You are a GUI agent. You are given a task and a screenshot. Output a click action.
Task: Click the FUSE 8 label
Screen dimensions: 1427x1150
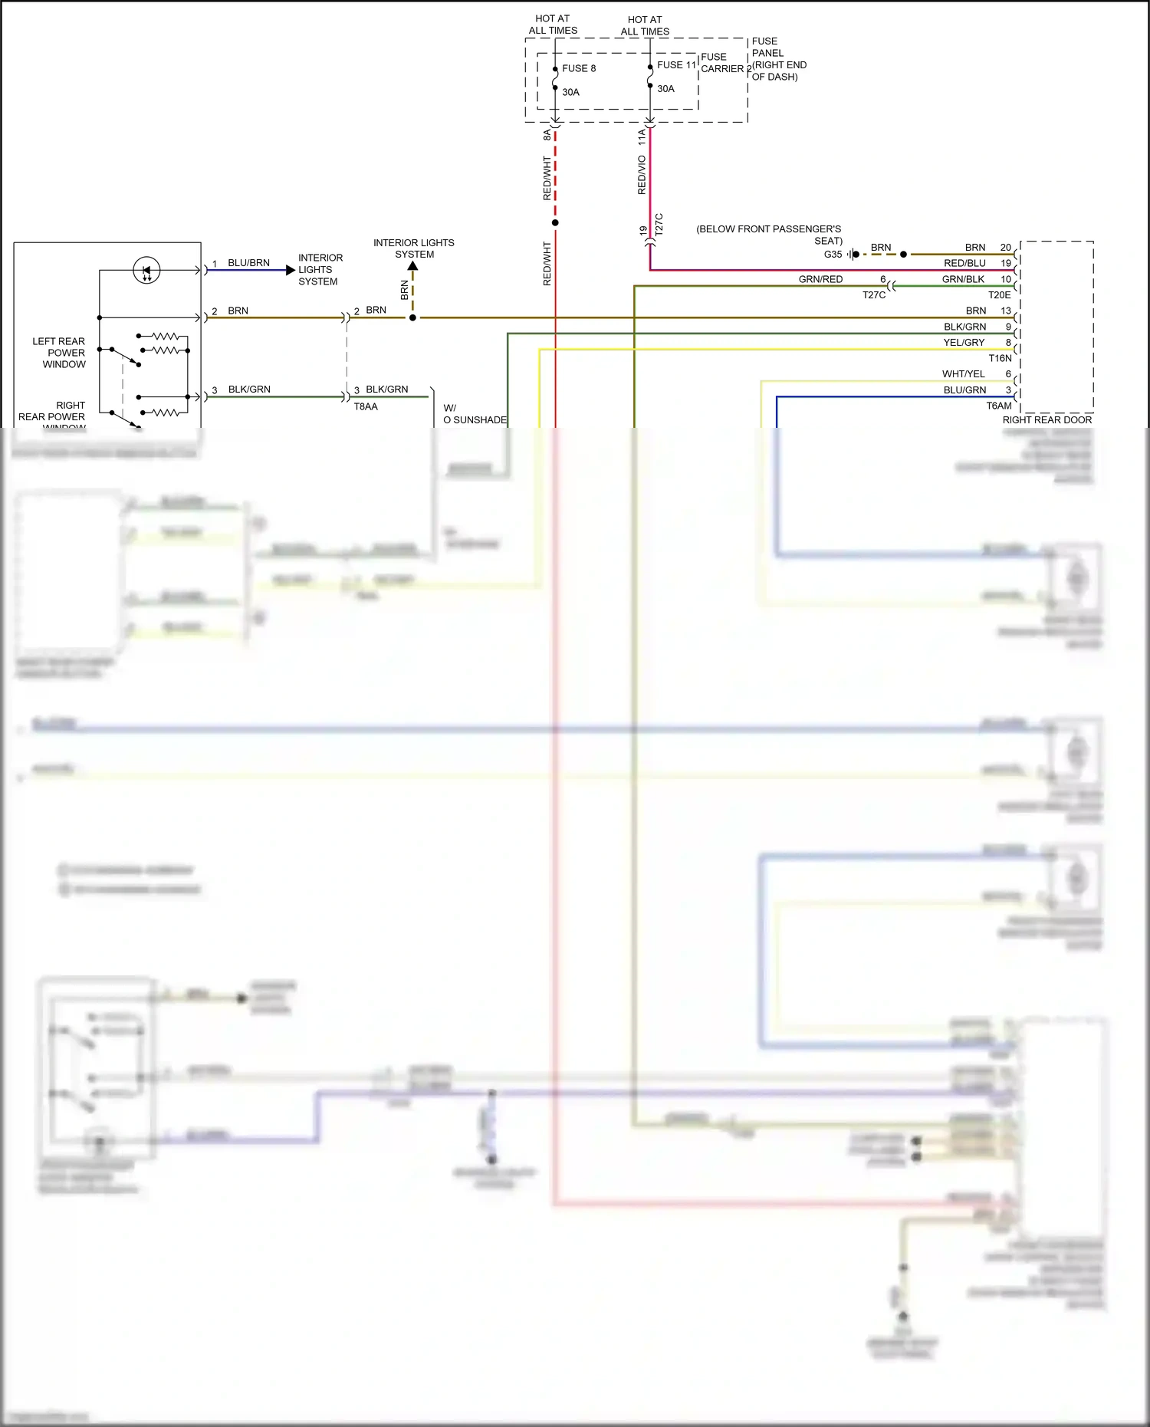coord(578,68)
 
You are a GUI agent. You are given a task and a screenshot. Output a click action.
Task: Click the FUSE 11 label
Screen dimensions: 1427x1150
coord(676,65)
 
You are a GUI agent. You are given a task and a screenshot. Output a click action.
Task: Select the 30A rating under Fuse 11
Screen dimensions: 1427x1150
coord(665,89)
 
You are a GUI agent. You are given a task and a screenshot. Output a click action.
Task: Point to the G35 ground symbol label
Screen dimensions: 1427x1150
coord(833,255)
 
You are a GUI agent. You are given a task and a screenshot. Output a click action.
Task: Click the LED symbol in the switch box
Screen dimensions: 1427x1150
coord(146,270)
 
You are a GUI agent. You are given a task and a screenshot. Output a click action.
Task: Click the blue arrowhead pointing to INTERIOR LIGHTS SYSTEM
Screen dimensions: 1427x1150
coord(290,270)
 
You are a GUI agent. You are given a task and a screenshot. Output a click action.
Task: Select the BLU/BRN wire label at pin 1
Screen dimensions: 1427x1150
coord(248,263)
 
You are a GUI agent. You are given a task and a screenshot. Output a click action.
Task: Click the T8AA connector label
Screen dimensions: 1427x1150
coord(366,407)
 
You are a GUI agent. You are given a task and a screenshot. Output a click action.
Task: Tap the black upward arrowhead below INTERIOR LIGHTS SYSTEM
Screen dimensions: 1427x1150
coord(412,266)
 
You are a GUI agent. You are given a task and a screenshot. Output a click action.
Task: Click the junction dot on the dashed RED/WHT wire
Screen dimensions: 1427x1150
coord(555,223)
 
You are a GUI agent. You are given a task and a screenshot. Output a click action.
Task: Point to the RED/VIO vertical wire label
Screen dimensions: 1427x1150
coord(642,175)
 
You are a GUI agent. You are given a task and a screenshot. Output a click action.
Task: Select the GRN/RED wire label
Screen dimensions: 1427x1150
coord(820,279)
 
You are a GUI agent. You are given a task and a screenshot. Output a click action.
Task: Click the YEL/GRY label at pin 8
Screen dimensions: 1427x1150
coord(964,343)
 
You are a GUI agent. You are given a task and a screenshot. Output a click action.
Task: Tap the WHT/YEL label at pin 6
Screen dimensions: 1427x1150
coord(963,374)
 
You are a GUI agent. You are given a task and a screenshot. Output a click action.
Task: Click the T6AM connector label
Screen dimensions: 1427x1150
coord(998,406)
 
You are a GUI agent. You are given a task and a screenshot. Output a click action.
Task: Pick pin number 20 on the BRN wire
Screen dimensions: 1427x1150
coord(1005,248)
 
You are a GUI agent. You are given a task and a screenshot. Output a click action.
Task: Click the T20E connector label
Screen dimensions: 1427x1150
coord(999,295)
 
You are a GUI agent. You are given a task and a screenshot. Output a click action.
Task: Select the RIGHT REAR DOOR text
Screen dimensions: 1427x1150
coord(1046,419)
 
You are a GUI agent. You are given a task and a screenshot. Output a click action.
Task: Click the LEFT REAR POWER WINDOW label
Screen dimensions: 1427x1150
coord(59,353)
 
